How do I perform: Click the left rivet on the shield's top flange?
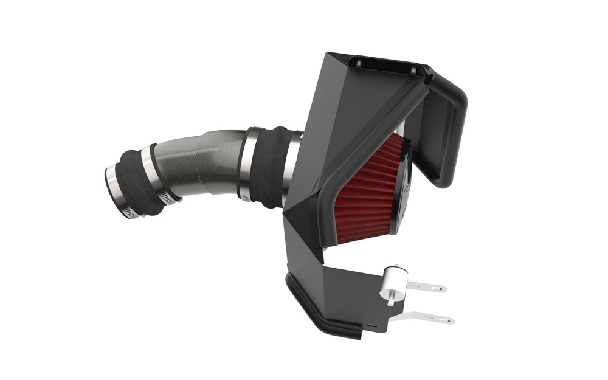coord(358,63)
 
